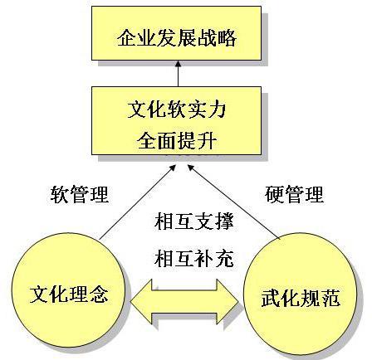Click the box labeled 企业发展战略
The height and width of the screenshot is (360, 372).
pos(176,33)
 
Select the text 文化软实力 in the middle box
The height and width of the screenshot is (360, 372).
pos(177,109)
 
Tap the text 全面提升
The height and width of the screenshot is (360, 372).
pos(177,140)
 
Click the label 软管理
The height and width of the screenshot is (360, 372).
pos(80,194)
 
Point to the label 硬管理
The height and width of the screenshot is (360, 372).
pos(294,194)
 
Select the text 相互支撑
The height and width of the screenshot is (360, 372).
pos(194,221)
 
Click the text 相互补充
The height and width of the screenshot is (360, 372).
pos(194,259)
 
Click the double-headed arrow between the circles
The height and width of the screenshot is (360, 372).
pos(184,301)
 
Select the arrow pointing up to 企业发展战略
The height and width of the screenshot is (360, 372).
pos(179,74)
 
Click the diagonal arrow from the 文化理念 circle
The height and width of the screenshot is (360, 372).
pos(138,202)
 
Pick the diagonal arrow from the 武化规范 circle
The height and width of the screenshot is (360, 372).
pos(234,202)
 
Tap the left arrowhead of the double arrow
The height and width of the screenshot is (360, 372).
pos(141,301)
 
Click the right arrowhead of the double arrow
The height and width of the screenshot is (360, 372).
pos(228,301)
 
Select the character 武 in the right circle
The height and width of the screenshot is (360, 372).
pos(272,298)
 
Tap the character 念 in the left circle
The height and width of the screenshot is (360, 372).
pos(99,294)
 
